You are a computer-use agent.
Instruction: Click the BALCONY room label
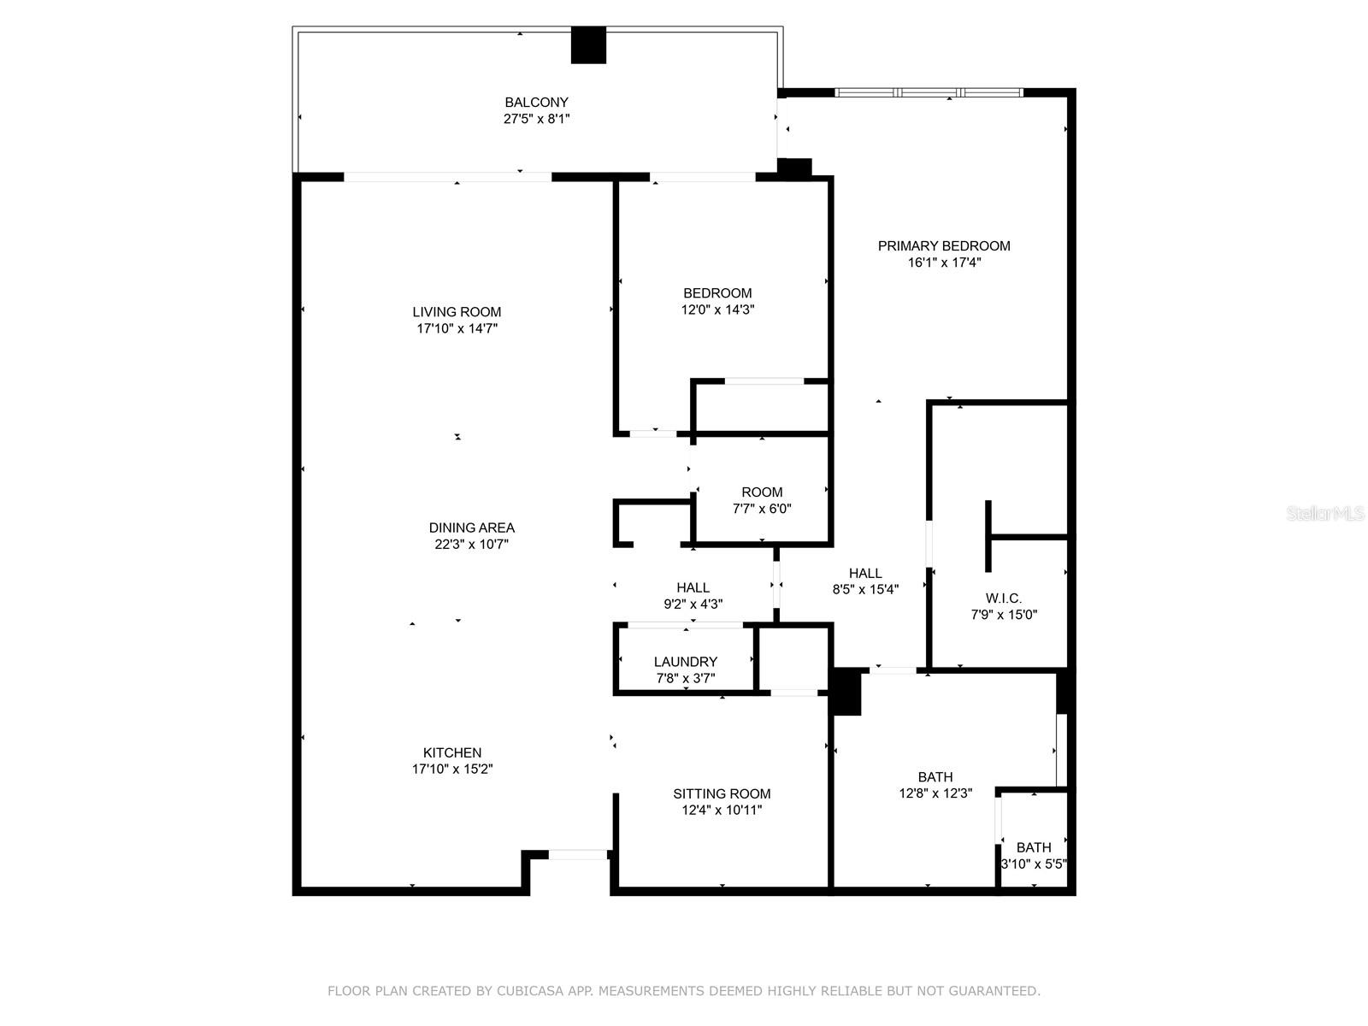[536, 102]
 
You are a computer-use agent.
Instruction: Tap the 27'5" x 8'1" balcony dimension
[536, 119]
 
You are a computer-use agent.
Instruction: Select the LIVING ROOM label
[457, 312]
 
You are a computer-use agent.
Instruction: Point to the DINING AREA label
[472, 528]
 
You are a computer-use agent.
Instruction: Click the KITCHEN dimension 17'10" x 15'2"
[452, 769]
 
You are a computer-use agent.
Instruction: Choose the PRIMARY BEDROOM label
[944, 246]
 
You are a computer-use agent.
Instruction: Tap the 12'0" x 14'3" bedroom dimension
[717, 310]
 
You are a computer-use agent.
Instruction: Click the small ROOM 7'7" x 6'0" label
[762, 492]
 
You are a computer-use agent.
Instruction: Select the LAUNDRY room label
[685, 662]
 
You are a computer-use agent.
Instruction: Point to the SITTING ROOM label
[722, 793]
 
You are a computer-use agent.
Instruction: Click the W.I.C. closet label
[1004, 598]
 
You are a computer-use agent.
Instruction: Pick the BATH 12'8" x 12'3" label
[935, 777]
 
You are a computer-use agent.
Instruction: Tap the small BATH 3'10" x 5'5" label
[1034, 847]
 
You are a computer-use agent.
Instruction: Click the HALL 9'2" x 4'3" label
[693, 587]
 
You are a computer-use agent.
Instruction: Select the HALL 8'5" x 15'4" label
[865, 574]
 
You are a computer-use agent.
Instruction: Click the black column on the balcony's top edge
[588, 45]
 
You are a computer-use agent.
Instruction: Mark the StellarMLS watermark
[1325, 514]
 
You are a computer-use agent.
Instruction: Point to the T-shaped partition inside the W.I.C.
[989, 537]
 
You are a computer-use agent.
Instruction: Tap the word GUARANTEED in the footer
[993, 991]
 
